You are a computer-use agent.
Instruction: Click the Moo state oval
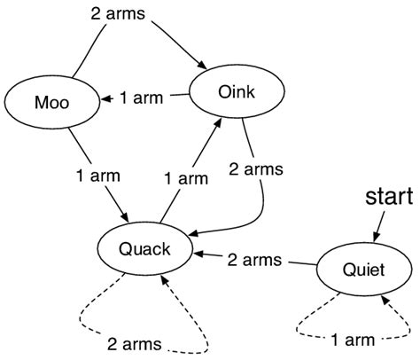(51, 103)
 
